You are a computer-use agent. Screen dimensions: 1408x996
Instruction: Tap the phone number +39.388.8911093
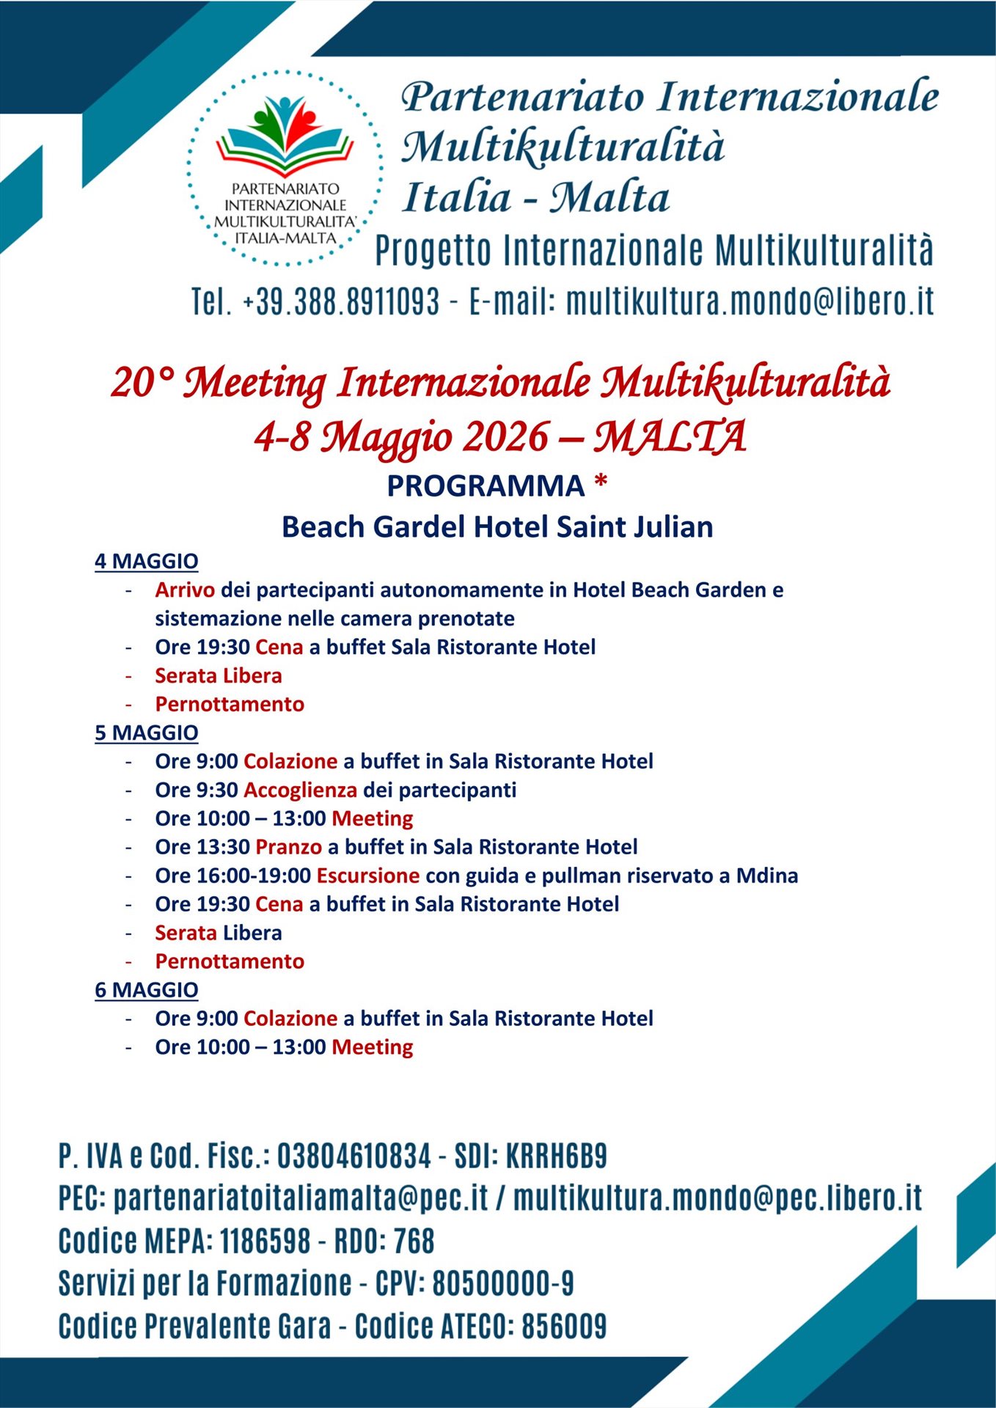click(x=341, y=301)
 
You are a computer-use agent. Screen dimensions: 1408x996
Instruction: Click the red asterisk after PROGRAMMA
click(x=601, y=484)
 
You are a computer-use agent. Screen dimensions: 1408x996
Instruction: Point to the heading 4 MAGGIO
click(x=147, y=561)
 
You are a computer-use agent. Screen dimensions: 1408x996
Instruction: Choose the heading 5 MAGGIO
click(x=147, y=733)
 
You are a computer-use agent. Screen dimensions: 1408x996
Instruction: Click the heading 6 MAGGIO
click(x=147, y=990)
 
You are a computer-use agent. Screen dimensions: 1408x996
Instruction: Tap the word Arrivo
click(x=185, y=590)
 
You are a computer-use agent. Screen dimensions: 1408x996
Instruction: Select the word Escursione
click(x=367, y=876)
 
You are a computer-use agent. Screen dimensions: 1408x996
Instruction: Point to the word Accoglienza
click(x=300, y=790)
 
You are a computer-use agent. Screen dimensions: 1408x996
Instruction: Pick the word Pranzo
click(x=288, y=847)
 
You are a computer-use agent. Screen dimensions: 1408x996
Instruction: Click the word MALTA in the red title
click(x=669, y=437)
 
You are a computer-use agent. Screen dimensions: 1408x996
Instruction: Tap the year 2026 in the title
click(x=505, y=437)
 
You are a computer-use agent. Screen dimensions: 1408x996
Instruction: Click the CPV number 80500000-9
click(x=502, y=1283)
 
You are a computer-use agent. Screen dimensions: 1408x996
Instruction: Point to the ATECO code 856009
click(x=564, y=1326)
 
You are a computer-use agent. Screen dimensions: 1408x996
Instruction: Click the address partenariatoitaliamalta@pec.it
click(x=301, y=1198)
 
